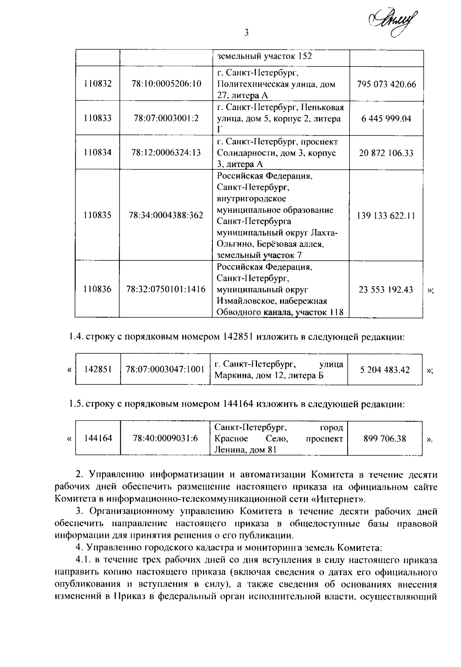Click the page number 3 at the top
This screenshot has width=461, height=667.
247,33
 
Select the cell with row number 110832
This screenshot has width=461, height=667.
98,84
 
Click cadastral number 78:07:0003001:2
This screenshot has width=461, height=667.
166,118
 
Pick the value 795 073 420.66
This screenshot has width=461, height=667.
386,84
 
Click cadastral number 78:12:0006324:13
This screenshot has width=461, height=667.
166,152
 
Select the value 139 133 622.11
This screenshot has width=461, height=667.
386,215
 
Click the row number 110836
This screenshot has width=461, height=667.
98,289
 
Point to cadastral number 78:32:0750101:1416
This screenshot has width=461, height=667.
166,289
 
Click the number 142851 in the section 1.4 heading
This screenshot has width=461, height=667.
237,337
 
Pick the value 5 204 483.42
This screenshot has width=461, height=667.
385,370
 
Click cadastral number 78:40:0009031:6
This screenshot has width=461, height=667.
165,438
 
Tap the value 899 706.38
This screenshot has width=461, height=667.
385,438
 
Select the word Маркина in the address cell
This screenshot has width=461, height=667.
229,375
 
